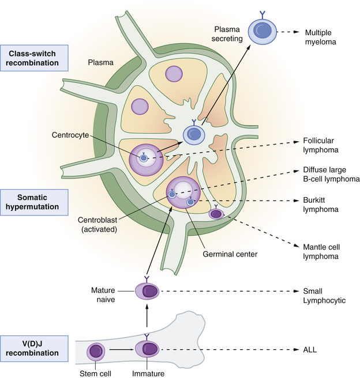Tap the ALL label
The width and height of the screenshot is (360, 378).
309,349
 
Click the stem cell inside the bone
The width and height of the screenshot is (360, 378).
96,351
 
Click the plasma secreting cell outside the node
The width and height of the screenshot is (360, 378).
261,31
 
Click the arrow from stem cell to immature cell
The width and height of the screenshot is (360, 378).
120,350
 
